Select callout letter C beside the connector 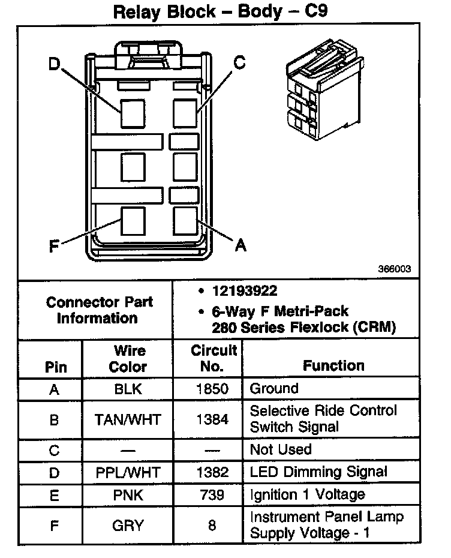[239, 63]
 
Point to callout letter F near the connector [54, 246]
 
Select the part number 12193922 [244, 292]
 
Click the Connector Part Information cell [99, 310]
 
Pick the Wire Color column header [128, 358]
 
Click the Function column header [333, 365]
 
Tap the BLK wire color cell [128, 389]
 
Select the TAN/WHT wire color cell [128, 419]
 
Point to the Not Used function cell [281, 449]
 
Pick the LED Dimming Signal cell [318, 472]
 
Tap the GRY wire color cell [128, 526]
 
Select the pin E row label [54, 494]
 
